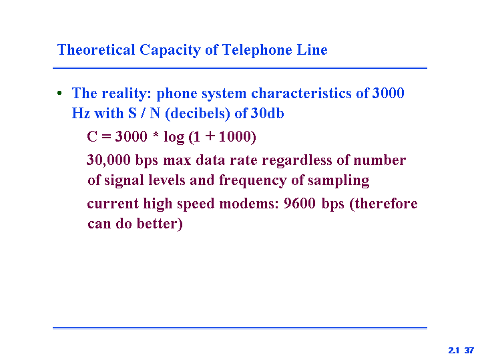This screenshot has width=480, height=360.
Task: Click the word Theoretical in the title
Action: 96,49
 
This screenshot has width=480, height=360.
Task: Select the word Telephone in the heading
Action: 257,50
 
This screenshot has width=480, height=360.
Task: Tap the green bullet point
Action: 59,93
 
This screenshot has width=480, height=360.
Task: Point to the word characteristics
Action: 301,93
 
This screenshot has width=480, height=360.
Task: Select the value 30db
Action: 267,114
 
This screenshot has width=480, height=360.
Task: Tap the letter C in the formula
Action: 92,136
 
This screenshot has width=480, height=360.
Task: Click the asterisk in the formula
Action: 156,134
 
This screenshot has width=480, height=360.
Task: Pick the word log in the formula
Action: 174,137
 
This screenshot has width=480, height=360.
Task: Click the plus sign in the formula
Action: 210,136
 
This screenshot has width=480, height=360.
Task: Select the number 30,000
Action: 109,160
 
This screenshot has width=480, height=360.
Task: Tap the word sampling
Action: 338,180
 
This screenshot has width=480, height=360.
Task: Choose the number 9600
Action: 299,204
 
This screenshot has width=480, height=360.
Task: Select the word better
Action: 160,223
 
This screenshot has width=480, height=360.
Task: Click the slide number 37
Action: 469,350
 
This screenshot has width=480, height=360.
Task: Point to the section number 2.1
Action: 454,350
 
